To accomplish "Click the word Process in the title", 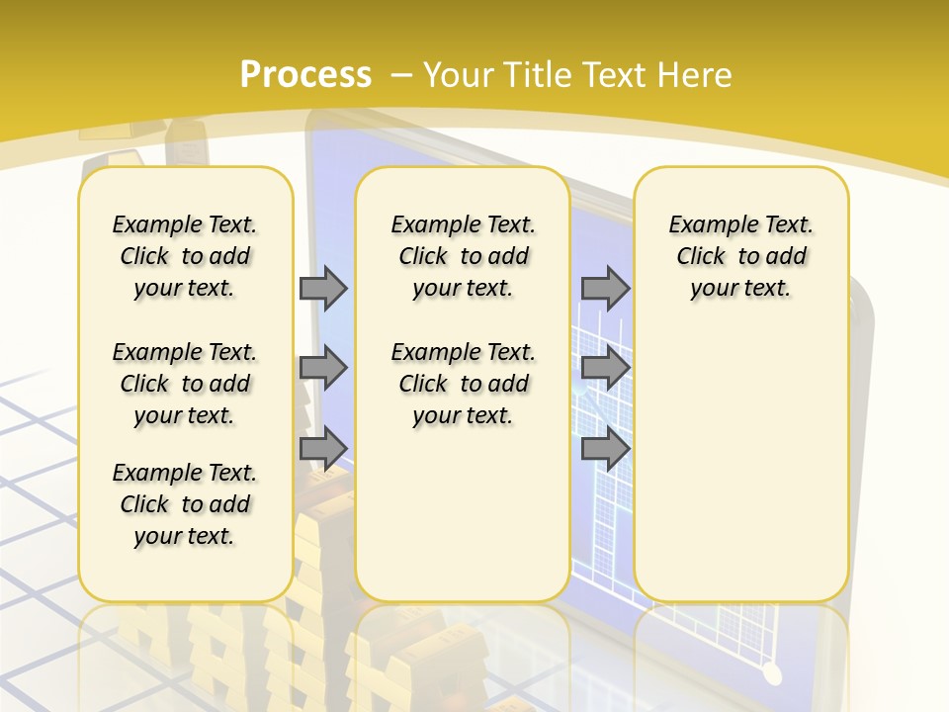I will (x=305, y=75).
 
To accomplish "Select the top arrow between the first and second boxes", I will (x=323, y=288).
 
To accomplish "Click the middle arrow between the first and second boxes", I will (x=323, y=368).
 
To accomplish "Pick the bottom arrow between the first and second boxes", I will (x=323, y=448).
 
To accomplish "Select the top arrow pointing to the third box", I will (x=605, y=288).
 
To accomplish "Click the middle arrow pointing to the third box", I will (x=605, y=368).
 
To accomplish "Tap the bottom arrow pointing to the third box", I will (x=605, y=448).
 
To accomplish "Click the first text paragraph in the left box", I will (x=185, y=256).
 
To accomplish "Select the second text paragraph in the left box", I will (x=185, y=384).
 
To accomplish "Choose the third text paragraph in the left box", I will (x=185, y=504).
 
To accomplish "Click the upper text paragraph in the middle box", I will (x=464, y=256).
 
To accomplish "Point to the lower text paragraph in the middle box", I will (x=464, y=384).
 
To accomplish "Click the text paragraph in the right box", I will (x=741, y=256).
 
